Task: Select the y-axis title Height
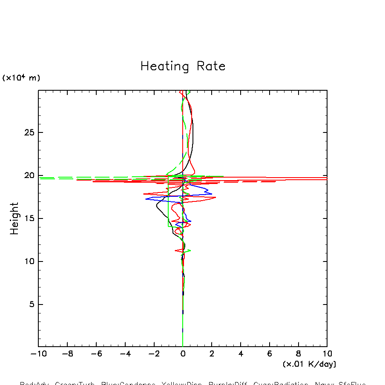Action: [x=15, y=218]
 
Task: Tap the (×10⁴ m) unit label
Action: [x=21, y=78]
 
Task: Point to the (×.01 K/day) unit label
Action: [x=309, y=364]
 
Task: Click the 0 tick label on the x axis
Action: [x=183, y=354]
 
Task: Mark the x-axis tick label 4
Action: [x=241, y=354]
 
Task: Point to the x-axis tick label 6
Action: [x=270, y=354]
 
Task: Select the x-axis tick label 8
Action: [x=298, y=354]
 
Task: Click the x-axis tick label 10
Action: [x=327, y=354]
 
